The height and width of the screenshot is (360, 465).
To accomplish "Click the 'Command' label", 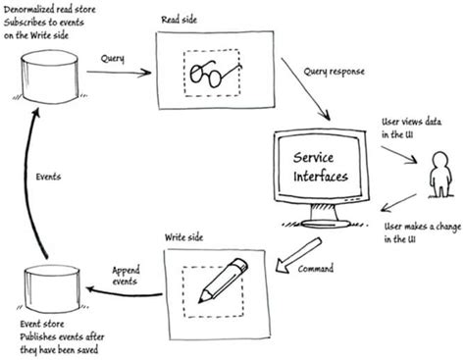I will point(316,267).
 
